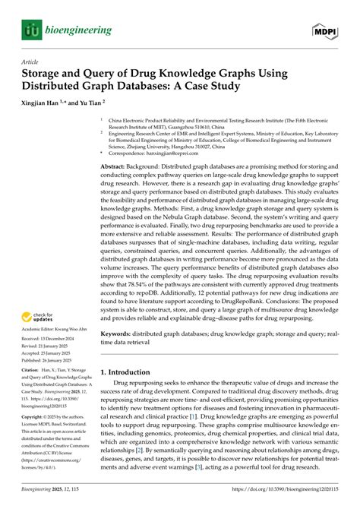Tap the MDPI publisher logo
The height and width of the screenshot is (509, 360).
(x=325, y=30)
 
